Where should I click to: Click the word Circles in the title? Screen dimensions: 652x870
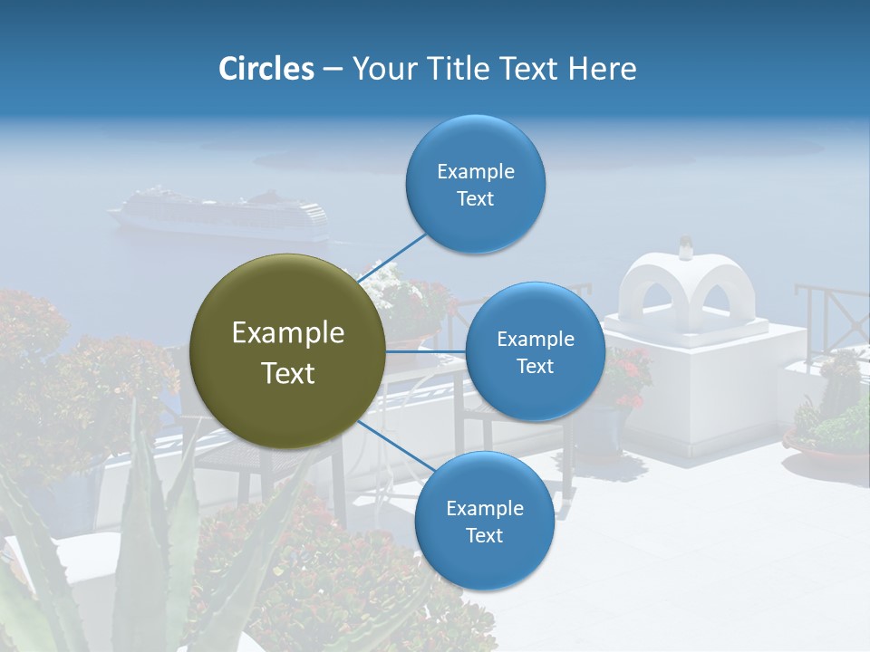(x=266, y=69)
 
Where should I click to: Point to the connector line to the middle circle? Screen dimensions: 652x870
(x=426, y=351)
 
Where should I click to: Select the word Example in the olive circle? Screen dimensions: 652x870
(x=287, y=333)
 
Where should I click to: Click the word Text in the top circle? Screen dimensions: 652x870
(x=475, y=199)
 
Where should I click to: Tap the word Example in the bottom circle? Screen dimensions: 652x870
(x=484, y=508)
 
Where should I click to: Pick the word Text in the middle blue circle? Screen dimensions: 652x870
(x=535, y=366)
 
